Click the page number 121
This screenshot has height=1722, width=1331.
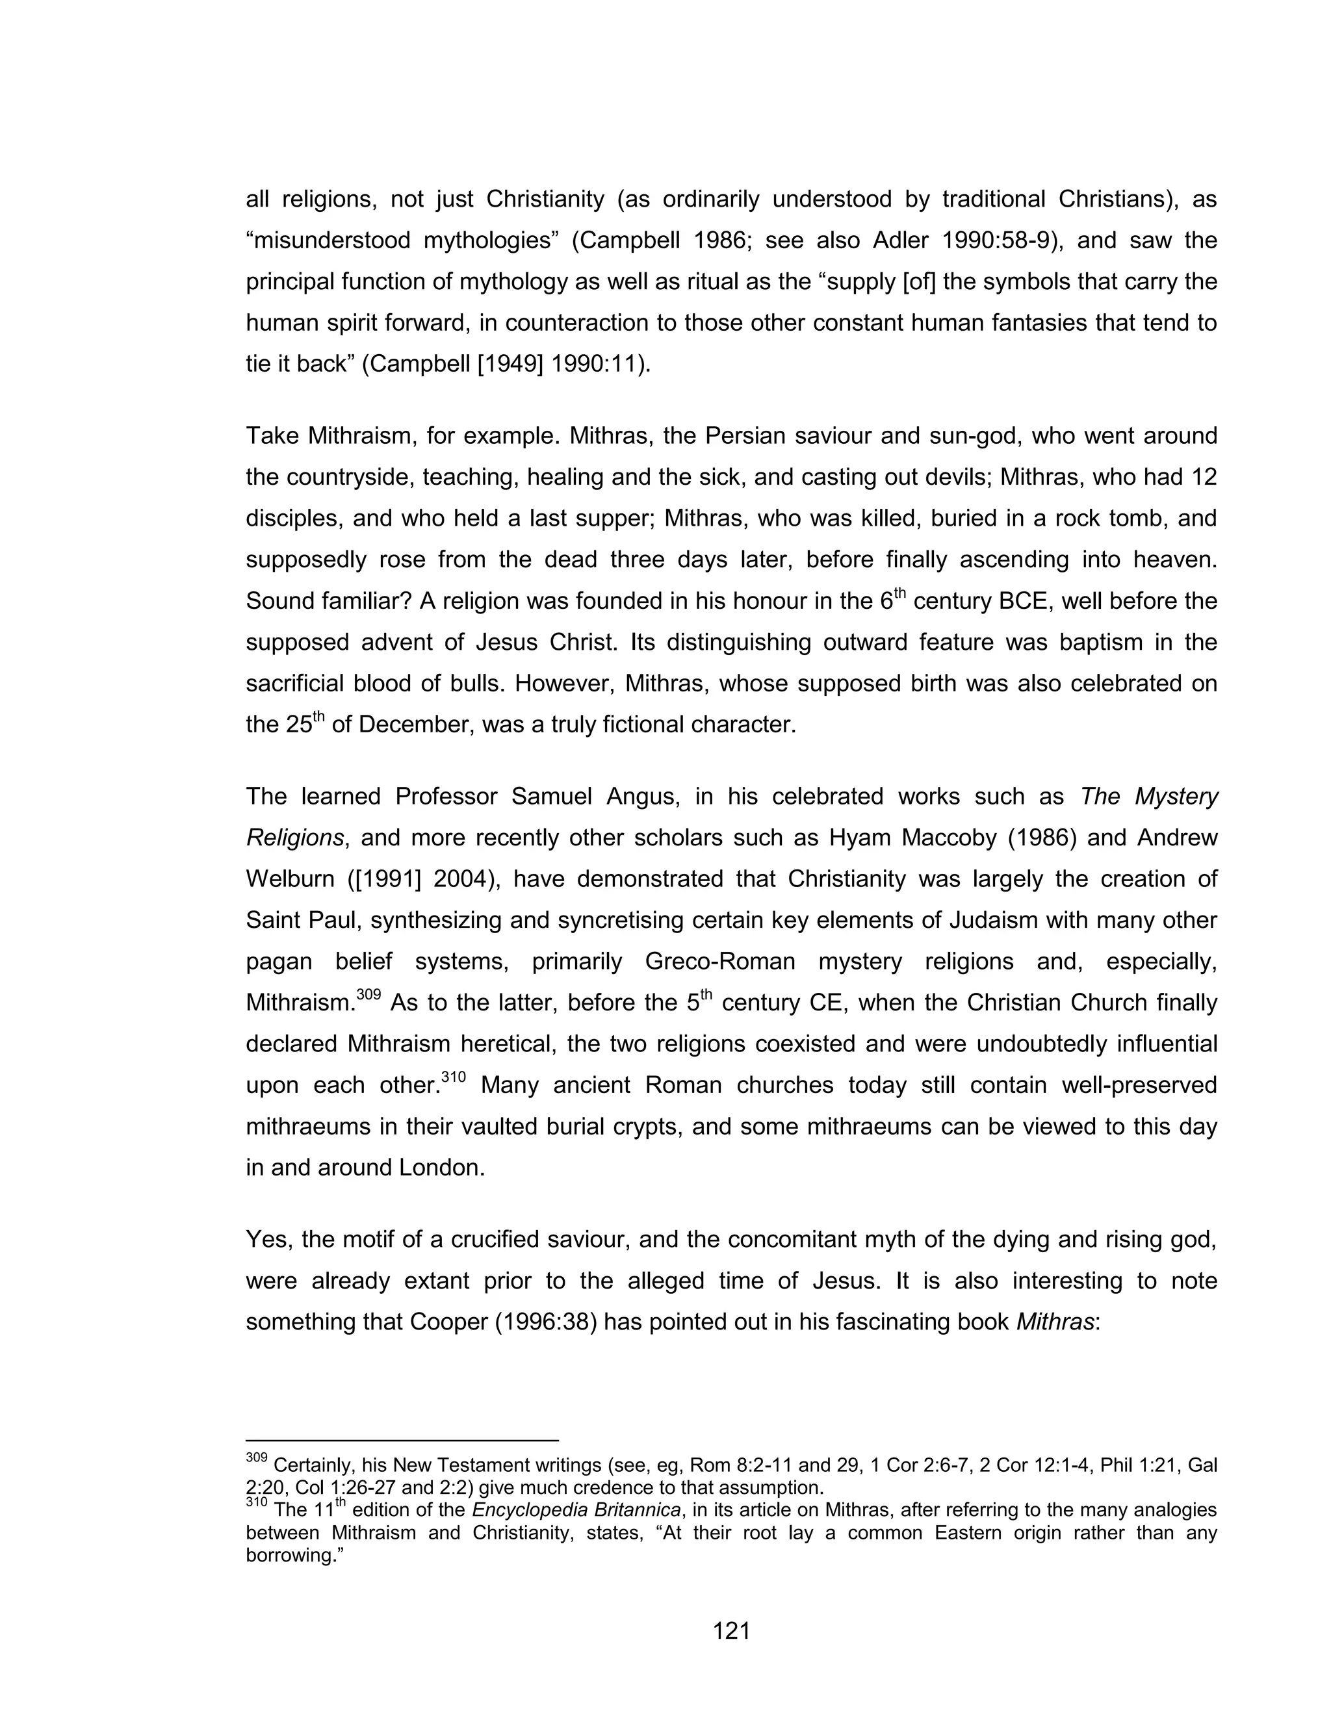click(x=731, y=1630)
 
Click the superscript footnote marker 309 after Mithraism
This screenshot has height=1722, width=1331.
click(x=368, y=995)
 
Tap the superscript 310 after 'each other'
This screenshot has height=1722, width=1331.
click(x=454, y=1077)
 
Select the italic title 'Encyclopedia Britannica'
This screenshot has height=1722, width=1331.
click(x=576, y=1511)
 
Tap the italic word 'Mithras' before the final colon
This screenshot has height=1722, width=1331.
click(x=1054, y=1322)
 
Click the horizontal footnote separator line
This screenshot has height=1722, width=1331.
click(x=402, y=1440)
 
